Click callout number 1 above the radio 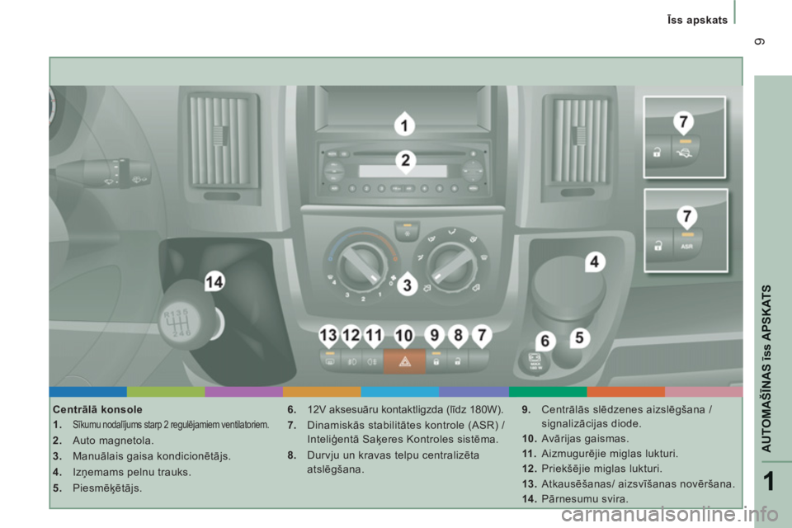click(404, 125)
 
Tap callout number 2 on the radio click(406, 161)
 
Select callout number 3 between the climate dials click(407, 285)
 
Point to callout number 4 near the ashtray click(595, 262)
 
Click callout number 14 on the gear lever click(214, 281)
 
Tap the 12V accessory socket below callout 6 click(535, 361)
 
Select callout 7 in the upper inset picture click(683, 123)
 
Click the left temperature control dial click(361, 262)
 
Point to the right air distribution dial click(450, 262)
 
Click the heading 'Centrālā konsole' click(97, 409)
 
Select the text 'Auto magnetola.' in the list click(113, 441)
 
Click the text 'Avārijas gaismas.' click(585, 439)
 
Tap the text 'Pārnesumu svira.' click(585, 499)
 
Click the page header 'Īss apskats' click(697, 20)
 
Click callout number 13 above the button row click(328, 336)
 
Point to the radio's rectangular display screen click(403, 171)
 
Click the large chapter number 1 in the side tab click(768, 481)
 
